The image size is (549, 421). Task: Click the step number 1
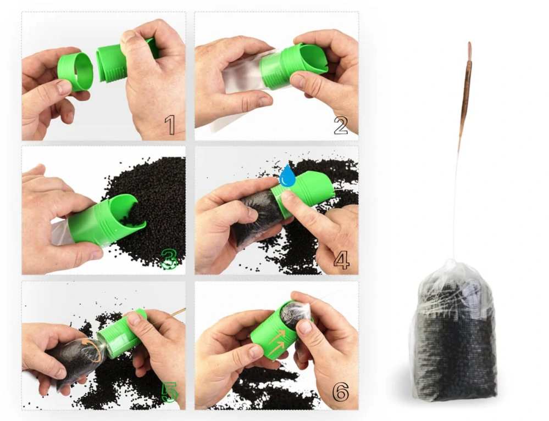(x=170, y=125)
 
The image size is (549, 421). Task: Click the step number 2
(x=341, y=126)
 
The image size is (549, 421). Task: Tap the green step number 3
(x=169, y=259)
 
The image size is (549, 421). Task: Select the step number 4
(x=341, y=260)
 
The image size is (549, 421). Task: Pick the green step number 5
(x=170, y=391)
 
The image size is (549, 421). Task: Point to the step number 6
(x=341, y=391)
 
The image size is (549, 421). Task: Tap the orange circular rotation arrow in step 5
(x=92, y=350)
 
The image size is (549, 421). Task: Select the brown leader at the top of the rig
(x=467, y=94)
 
